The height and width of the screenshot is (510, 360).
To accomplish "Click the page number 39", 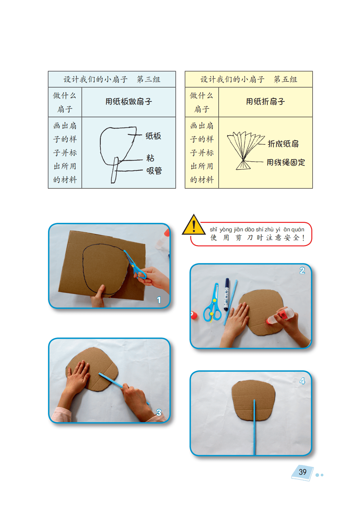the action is tap(303, 472).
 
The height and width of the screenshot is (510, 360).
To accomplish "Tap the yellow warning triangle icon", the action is tap(194, 225).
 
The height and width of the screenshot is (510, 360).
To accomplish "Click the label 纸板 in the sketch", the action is tap(153, 136).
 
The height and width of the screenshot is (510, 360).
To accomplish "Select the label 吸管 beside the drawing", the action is tap(154, 170).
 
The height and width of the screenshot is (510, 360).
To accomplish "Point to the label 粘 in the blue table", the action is tap(150, 158).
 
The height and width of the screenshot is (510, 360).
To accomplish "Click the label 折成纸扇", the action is tap(283, 144).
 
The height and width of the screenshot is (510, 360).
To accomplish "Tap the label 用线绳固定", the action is tap(286, 162).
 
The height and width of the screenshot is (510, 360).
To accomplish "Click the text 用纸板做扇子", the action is tap(128, 101).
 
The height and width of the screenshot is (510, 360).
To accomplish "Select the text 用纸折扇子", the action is tap(265, 101).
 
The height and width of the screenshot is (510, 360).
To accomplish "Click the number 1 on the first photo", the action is tap(159, 300).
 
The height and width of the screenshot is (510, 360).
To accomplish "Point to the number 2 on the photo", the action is tap(302, 271).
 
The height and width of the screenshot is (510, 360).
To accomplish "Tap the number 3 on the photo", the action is tap(159, 412).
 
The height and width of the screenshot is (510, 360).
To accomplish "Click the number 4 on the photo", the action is tap(302, 381).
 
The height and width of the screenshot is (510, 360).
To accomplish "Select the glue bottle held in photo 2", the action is tap(280, 315).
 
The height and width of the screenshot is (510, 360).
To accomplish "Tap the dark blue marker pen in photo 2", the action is tap(227, 294).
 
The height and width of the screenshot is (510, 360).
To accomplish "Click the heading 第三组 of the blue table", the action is tap(149, 79).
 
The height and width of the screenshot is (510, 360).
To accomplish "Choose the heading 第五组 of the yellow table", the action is tap(286, 79).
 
